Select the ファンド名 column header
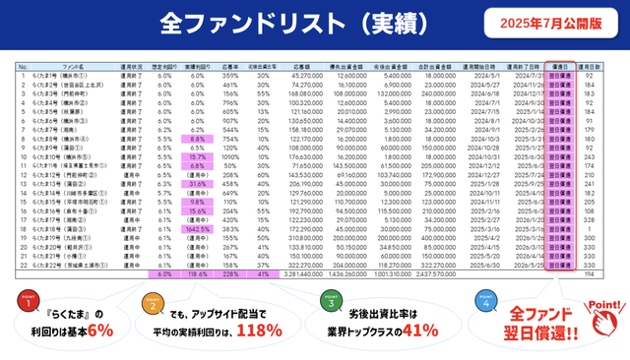(x=72, y=67)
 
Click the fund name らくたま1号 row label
(x=63, y=75)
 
